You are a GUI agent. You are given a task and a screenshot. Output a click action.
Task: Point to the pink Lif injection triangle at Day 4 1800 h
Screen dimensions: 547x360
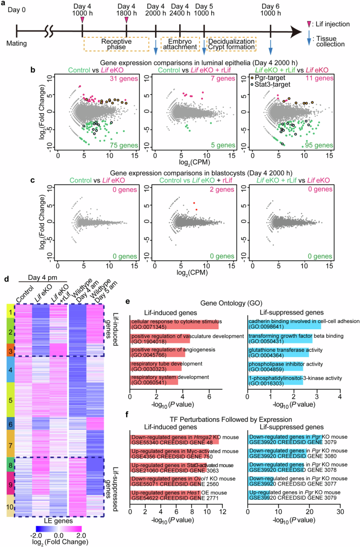tap(127, 21)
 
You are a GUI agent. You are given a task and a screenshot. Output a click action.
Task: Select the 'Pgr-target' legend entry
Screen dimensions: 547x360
tap(270, 77)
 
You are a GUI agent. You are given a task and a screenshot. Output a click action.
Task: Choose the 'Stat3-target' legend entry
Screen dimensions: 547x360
tap(270, 84)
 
